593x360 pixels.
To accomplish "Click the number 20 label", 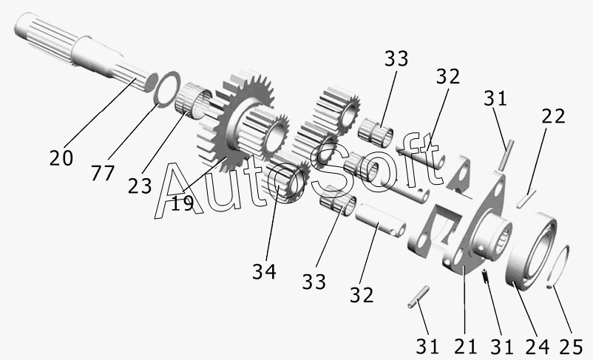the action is [x=61, y=157].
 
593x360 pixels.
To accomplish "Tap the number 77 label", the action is [x=103, y=173].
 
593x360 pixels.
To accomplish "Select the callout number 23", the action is [x=140, y=186].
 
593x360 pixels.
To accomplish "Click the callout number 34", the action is [x=265, y=271].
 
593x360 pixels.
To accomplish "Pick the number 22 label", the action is [x=553, y=116].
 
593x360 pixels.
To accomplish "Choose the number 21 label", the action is [x=466, y=346].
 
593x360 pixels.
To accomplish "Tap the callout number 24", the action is [x=538, y=347].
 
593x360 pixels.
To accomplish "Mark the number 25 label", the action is [x=571, y=347].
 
